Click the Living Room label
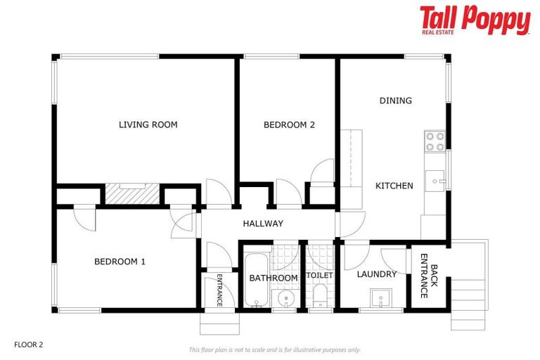[x=148, y=125]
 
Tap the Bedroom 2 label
[x=289, y=125]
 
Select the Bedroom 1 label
[x=120, y=262]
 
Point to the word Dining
[x=395, y=101]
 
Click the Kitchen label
[x=394, y=186]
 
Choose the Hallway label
[x=263, y=224]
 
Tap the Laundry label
[x=376, y=274]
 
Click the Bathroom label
[x=274, y=278]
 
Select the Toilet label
[x=319, y=275]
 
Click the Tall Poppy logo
[x=475, y=20]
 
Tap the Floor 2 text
[x=29, y=345]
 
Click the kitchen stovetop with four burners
[x=435, y=142]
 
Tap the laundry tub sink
[x=381, y=298]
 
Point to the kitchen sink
[x=437, y=181]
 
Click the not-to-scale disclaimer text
[x=274, y=349]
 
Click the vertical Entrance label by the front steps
[x=219, y=288]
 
